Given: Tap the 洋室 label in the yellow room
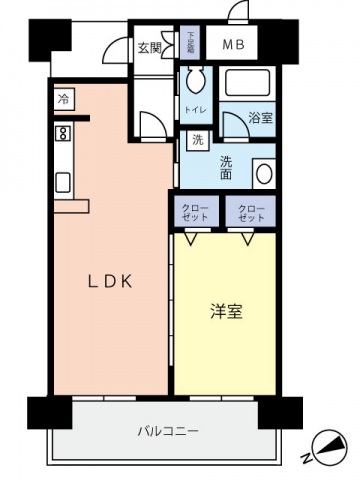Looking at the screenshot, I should tap(226, 311).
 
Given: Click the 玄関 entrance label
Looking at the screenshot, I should tap(149, 45).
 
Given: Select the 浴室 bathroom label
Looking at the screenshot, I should tap(261, 117).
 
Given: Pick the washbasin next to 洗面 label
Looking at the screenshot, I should tap(264, 172).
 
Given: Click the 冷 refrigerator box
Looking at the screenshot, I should tap(64, 99).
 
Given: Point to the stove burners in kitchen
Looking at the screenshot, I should tap(62, 133).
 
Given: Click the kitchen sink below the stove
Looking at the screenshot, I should tap(62, 182).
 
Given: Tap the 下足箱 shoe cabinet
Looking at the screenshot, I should tap(190, 44).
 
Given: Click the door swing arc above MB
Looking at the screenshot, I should tap(238, 14).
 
